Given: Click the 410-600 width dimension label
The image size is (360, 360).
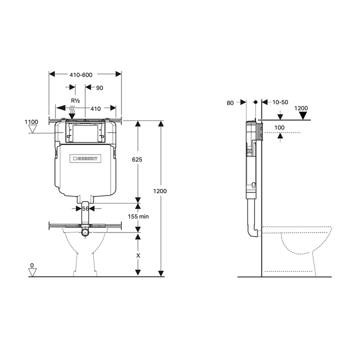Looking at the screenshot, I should pyautogui.click(x=80, y=74).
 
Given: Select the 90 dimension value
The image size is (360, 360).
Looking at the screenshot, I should pyautogui.click(x=99, y=88).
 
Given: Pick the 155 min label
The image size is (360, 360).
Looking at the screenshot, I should pyautogui.click(x=138, y=216).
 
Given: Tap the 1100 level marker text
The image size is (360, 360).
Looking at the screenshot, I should pyautogui.click(x=31, y=122).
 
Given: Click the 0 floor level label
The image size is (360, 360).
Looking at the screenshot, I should pyautogui.click(x=31, y=265).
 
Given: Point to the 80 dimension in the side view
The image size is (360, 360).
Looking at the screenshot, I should pyautogui.click(x=230, y=102).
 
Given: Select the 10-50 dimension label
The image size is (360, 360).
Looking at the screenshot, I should pyautogui.click(x=280, y=102).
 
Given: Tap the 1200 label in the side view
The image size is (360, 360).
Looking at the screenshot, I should pyautogui.click(x=301, y=108).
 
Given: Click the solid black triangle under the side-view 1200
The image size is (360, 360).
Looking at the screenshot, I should pyautogui.click(x=303, y=116).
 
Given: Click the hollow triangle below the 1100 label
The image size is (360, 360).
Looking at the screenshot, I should pyautogui.click(x=33, y=129).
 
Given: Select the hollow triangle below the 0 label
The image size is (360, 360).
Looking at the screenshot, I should pyautogui.click(x=33, y=272).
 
